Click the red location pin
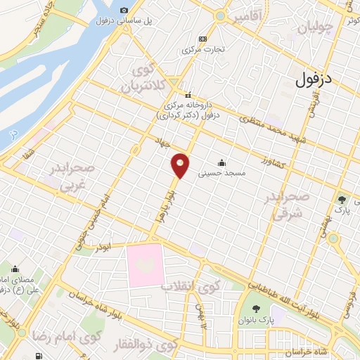click(x=181, y=165)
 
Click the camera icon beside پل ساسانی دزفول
click(x=124, y=11)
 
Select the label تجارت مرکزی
click(x=203, y=50)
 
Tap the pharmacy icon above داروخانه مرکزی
click(x=188, y=94)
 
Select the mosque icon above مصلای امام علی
click(x=15, y=268)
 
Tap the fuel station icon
click(x=203, y=38)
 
